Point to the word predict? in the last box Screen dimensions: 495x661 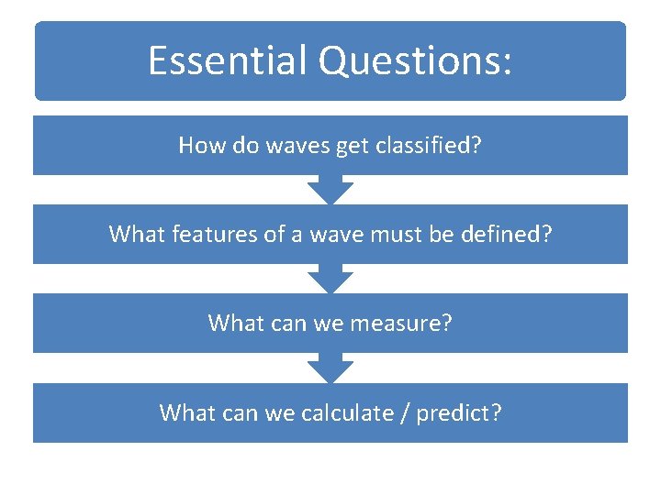[x=459, y=412]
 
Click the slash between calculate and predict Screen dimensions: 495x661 [x=405, y=412]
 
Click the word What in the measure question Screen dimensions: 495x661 [x=233, y=323]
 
